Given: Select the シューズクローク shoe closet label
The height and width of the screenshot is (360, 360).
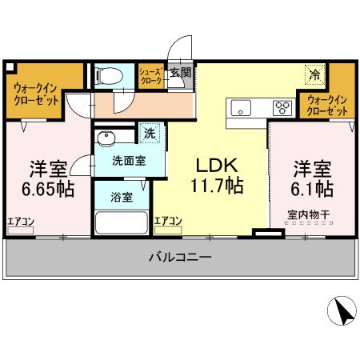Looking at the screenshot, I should [151, 77].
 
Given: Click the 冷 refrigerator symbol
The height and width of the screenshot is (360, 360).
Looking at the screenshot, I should [314, 74].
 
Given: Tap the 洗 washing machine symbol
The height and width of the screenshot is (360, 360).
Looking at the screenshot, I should [148, 133].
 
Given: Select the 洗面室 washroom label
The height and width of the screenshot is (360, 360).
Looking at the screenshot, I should [128, 160].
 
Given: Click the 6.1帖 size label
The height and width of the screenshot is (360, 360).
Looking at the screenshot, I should [310, 190].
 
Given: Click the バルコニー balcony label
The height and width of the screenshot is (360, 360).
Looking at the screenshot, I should [180, 258].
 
